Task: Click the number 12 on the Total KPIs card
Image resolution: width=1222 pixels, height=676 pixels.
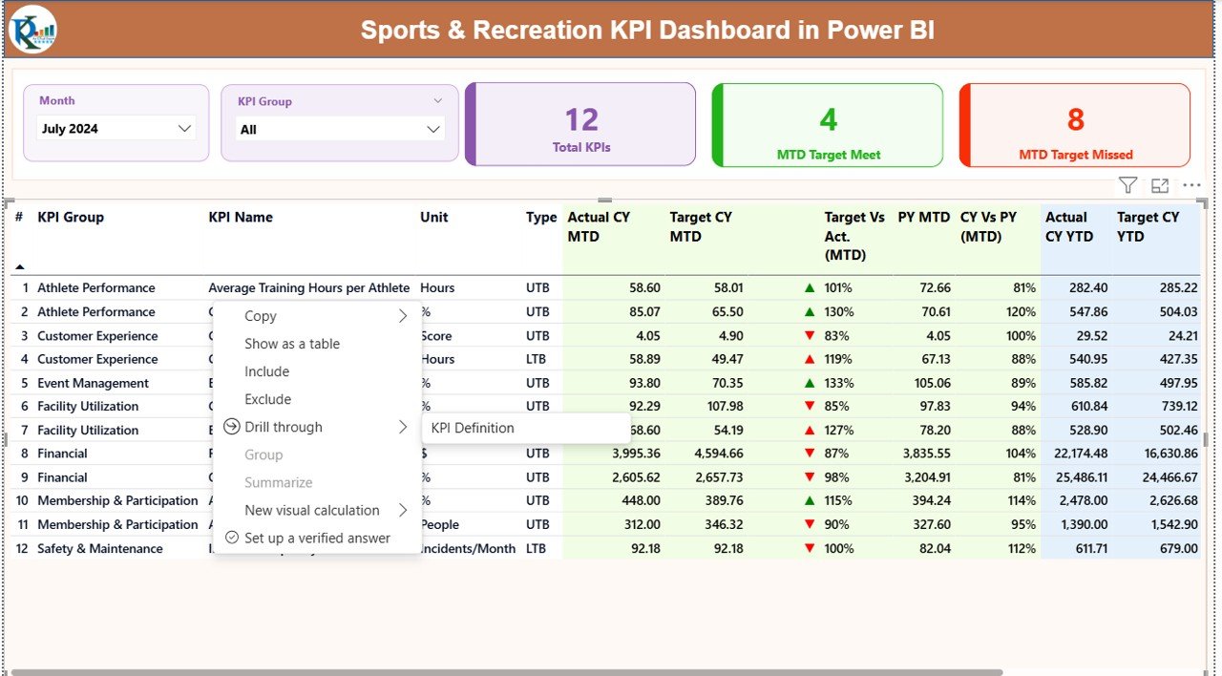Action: [580, 119]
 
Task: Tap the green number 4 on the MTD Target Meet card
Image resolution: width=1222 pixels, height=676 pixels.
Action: [828, 119]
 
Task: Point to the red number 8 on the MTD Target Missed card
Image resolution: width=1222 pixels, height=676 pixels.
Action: [1075, 119]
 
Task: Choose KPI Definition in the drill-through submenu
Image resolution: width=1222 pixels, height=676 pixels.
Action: [473, 428]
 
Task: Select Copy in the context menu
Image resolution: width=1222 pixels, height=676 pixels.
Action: [261, 316]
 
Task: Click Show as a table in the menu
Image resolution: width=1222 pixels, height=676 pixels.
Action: [292, 344]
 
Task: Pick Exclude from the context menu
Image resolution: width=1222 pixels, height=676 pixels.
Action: [267, 399]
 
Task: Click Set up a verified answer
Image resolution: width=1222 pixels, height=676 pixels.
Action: [317, 538]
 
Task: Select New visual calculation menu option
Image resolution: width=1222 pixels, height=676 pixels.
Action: [312, 510]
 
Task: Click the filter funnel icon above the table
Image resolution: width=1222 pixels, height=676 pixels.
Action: [1127, 186]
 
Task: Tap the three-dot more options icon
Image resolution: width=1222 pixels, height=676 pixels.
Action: [1191, 186]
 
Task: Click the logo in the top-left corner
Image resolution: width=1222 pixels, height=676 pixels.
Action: [32, 30]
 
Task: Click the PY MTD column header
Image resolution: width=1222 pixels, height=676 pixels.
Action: [924, 218]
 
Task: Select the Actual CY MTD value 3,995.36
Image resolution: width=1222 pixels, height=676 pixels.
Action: [626, 454]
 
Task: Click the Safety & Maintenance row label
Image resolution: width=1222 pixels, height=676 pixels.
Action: [100, 548]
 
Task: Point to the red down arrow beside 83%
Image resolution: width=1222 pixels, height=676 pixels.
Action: [810, 335]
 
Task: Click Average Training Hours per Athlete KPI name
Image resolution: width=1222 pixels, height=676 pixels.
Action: [309, 287]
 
